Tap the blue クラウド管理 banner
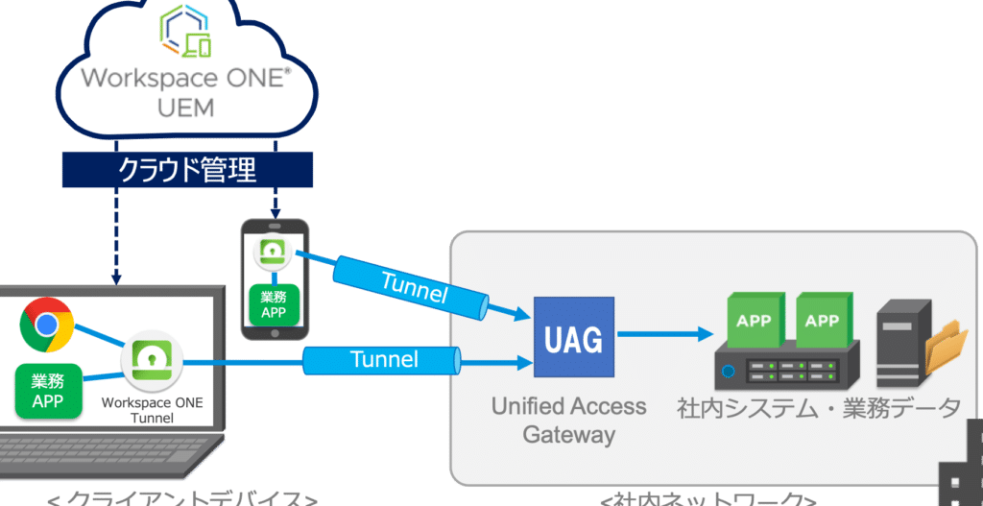pos(187,170)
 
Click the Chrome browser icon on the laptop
pos(47,325)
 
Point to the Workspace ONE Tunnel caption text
pos(152,410)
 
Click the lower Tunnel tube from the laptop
pos(383,360)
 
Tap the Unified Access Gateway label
pos(568,420)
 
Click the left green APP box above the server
pos(753,321)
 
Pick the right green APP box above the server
pos(822,321)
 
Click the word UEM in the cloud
pos(185,108)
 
